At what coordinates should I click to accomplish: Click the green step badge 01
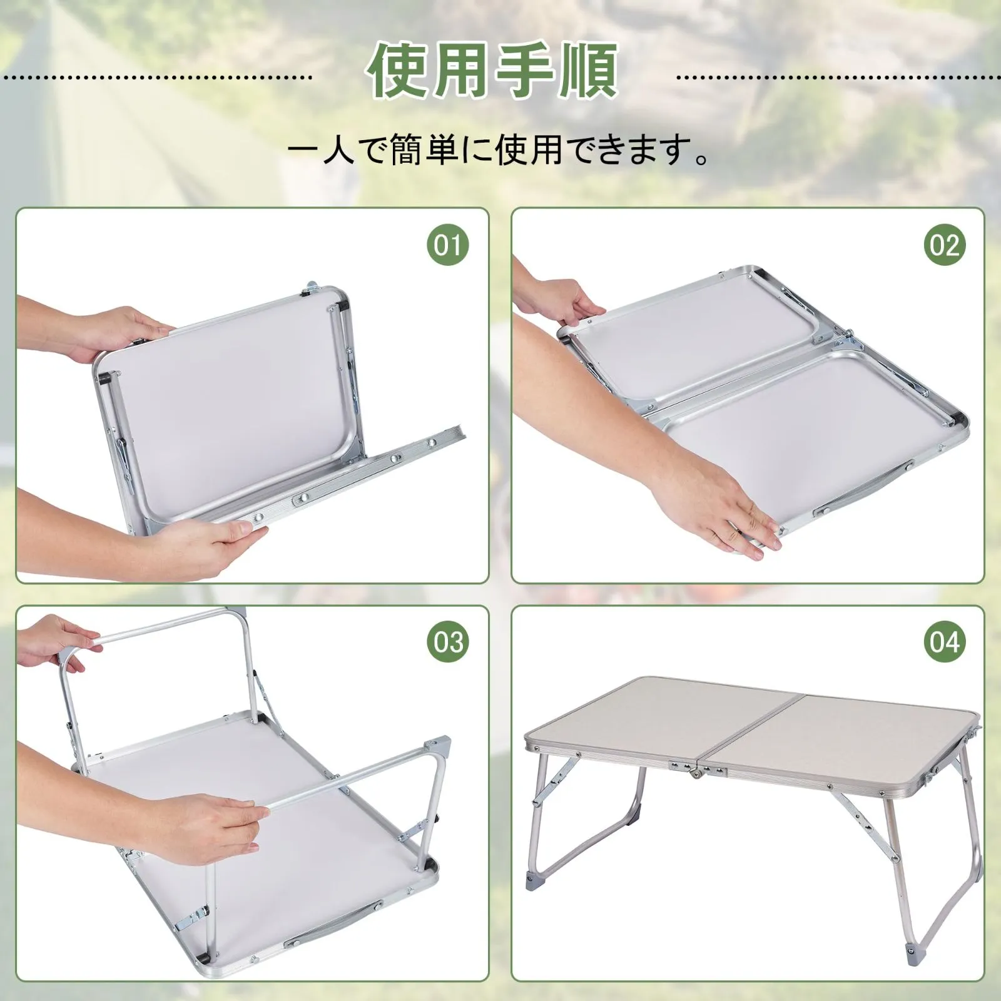[x=448, y=245]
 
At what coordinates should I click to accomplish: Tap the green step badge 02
[x=945, y=245]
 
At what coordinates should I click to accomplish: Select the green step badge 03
[x=448, y=642]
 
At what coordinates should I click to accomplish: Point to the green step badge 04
[x=945, y=642]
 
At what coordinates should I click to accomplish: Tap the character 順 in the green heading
[x=588, y=71]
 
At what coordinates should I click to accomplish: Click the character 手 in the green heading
[x=524, y=71]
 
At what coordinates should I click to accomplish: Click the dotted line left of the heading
[x=156, y=78]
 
